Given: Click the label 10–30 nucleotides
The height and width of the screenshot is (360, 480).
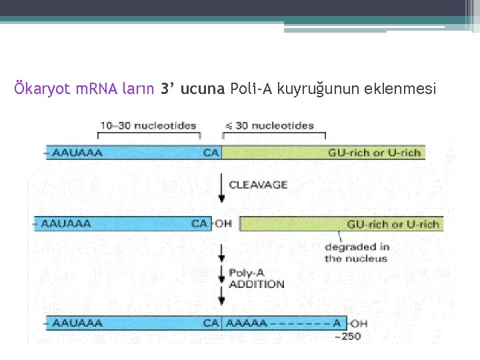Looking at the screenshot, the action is (149, 125).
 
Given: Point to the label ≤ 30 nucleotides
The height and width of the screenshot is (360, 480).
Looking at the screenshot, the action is (269, 125).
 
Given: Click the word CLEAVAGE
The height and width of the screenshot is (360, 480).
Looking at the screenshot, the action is (259, 185).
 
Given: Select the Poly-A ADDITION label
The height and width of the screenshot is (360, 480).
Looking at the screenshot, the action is (256, 279).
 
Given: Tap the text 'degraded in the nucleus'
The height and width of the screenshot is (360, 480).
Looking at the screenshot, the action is (357, 253).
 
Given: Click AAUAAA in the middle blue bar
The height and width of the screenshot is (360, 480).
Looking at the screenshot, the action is (66, 223).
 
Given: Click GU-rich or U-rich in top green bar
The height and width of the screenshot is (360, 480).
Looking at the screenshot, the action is (375, 153).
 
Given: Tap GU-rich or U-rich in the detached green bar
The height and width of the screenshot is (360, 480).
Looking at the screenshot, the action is (393, 224).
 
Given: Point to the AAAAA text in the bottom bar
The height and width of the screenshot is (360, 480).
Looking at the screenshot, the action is (247, 323).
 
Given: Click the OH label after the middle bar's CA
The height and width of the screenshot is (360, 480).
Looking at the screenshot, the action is (223, 223).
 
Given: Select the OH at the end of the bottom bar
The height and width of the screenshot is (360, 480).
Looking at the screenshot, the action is (359, 324).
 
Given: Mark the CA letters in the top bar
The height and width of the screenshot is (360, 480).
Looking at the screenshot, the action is (211, 153).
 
